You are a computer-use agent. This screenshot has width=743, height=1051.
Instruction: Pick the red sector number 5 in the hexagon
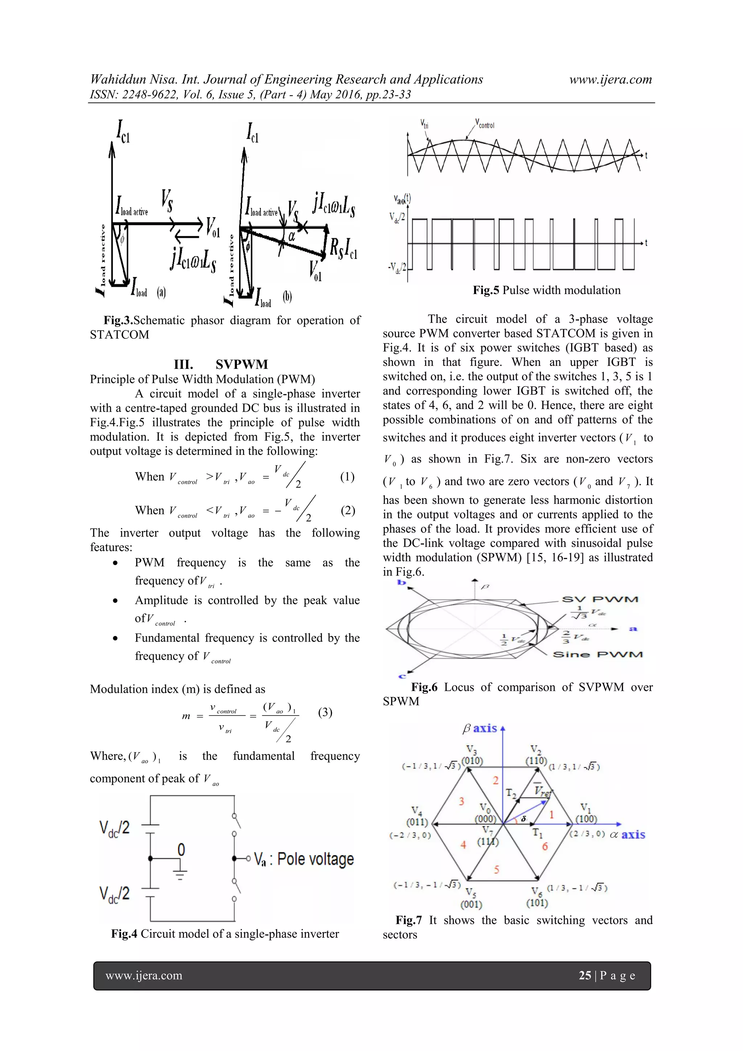(x=496, y=869)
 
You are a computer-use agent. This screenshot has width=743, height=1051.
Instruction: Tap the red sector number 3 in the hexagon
(x=461, y=801)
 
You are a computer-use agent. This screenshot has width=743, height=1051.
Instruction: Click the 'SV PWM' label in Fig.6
(x=600, y=600)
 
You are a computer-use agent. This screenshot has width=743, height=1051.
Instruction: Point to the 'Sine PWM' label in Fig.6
(x=598, y=655)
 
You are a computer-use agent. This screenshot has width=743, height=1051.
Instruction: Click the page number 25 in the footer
(x=585, y=975)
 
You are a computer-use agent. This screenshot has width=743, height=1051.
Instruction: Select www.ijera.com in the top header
(x=610, y=80)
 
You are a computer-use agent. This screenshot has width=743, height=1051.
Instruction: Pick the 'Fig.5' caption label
(x=486, y=290)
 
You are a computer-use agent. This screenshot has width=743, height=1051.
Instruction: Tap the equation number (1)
(x=347, y=477)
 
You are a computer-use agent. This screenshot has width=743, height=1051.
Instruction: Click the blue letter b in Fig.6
(x=402, y=583)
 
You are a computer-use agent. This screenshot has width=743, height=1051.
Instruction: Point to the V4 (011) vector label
(x=417, y=816)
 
